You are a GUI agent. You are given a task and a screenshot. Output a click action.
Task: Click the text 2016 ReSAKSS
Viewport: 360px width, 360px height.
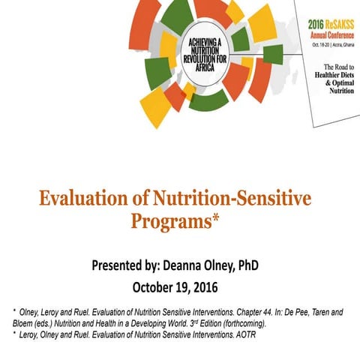(x=332, y=24)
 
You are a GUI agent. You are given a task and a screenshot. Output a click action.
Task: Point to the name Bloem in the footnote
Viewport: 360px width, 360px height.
(x=22, y=321)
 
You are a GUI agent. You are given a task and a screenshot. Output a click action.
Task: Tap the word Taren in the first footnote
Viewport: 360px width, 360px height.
(x=331, y=309)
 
